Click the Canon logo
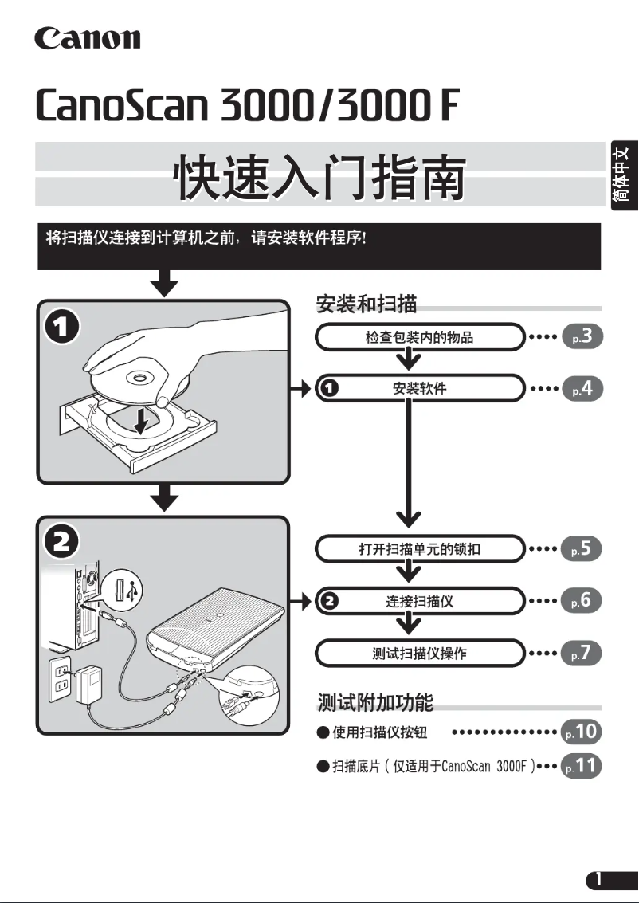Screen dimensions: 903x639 [x=87, y=37]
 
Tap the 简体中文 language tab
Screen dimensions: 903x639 [x=624, y=175]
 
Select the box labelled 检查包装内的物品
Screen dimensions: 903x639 [x=420, y=337]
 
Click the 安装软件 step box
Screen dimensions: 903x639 [x=420, y=389]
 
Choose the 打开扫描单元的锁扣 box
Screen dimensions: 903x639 [x=420, y=549]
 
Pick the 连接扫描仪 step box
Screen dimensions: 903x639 [x=420, y=601]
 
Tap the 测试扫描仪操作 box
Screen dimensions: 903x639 [x=420, y=654]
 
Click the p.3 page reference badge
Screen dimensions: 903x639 [x=582, y=337]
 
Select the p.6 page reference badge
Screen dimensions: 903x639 [x=582, y=601]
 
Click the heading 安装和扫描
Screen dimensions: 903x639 [x=367, y=304]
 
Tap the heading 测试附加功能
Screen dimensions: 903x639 [x=375, y=703]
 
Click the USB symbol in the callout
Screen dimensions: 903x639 [x=133, y=590]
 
